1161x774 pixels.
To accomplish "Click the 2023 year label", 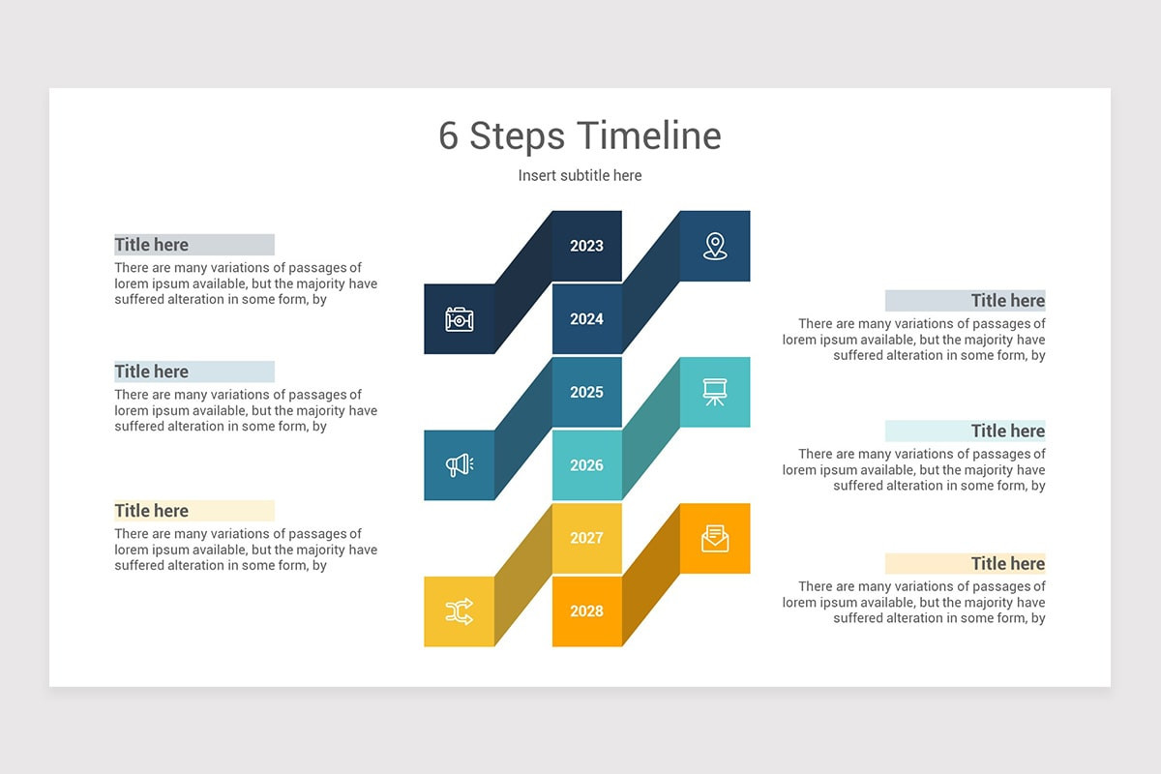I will tap(586, 246).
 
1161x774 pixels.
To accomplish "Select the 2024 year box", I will tap(586, 319).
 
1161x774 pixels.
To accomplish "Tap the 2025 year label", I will tap(586, 392).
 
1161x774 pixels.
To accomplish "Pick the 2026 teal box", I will tap(586, 465).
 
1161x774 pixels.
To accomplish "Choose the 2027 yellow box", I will tap(586, 538).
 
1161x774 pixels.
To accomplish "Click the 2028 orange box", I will tap(586, 610).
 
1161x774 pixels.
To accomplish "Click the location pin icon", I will tap(715, 246).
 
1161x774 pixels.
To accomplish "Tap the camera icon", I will tap(459, 319).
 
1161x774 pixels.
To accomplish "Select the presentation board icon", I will tap(715, 392).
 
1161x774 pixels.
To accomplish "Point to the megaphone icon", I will tap(459, 465).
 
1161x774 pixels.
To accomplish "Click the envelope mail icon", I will tap(715, 538).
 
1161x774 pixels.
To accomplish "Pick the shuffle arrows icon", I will tap(459, 610).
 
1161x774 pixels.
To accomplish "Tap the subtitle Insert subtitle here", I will tap(580, 175).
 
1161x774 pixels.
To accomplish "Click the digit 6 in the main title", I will tap(448, 136).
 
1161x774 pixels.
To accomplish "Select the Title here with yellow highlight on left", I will tap(152, 511).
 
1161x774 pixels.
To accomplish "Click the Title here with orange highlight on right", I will tap(1007, 563).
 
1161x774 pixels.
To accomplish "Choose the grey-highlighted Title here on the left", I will tap(152, 245).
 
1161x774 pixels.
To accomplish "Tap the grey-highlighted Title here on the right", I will tap(1007, 300).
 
